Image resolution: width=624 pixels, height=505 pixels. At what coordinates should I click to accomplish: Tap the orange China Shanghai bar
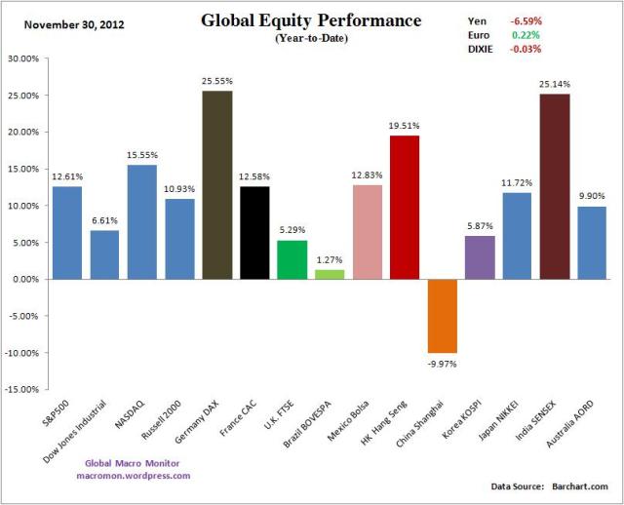[443, 316]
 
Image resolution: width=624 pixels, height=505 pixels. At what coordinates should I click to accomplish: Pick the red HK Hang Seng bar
[405, 208]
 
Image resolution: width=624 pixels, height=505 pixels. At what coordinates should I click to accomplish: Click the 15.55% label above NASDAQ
[142, 155]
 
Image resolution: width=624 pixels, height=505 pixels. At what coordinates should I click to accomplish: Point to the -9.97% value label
[443, 363]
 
